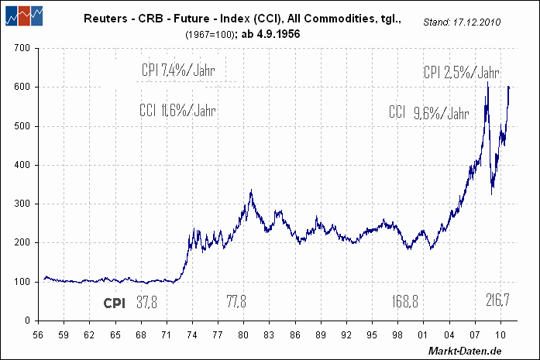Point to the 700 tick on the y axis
[x=20, y=48]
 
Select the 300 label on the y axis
[x=20, y=204]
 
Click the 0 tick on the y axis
[x=26, y=320]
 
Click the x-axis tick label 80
[x=243, y=335]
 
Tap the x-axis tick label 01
[x=423, y=335]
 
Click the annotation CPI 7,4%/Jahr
[x=178, y=70]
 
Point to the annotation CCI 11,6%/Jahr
[x=177, y=110]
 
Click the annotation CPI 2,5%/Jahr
[x=461, y=73]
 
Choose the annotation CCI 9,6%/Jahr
[x=429, y=113]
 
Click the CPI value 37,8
[x=146, y=302]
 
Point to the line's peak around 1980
[x=251, y=190]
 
